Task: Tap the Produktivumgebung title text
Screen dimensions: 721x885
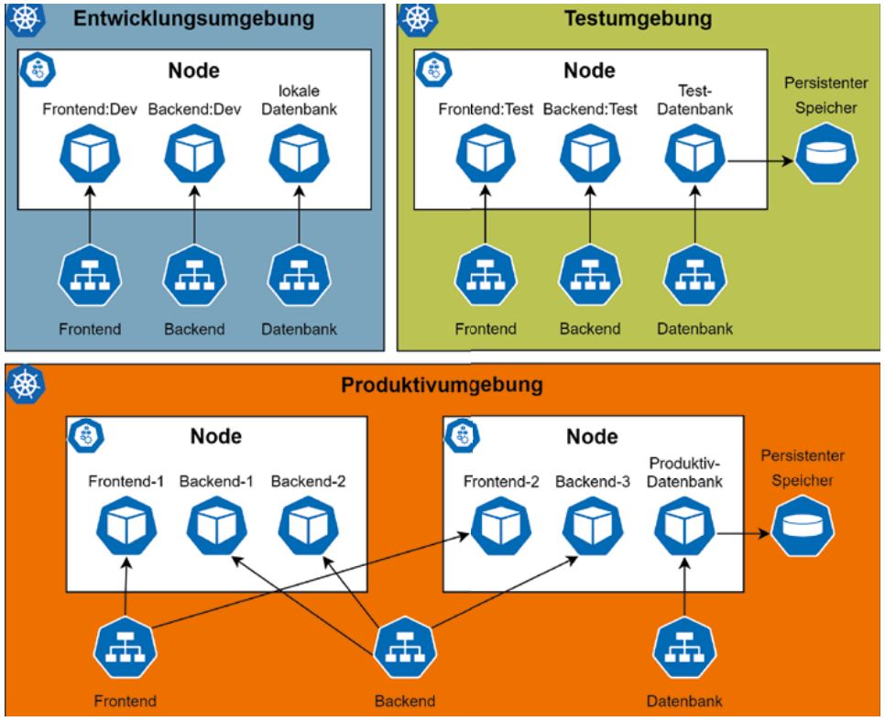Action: tap(441, 385)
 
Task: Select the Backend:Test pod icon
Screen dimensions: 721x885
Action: tap(588, 153)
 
